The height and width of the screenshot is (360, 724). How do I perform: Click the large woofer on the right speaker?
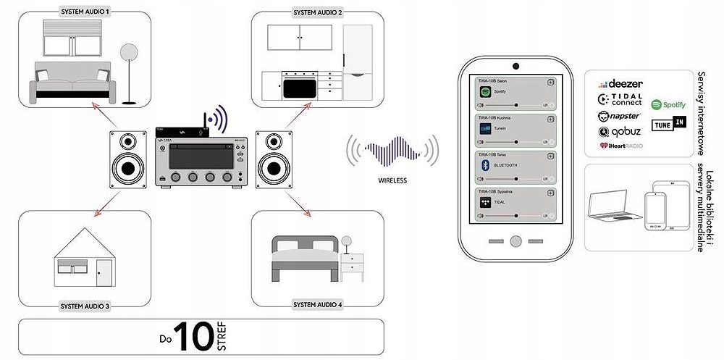[x=275, y=169]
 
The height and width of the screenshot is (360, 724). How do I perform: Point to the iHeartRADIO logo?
[x=620, y=146]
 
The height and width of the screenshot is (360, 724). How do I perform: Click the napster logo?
[x=619, y=116]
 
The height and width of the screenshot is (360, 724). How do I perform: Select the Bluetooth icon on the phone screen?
[x=486, y=165]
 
